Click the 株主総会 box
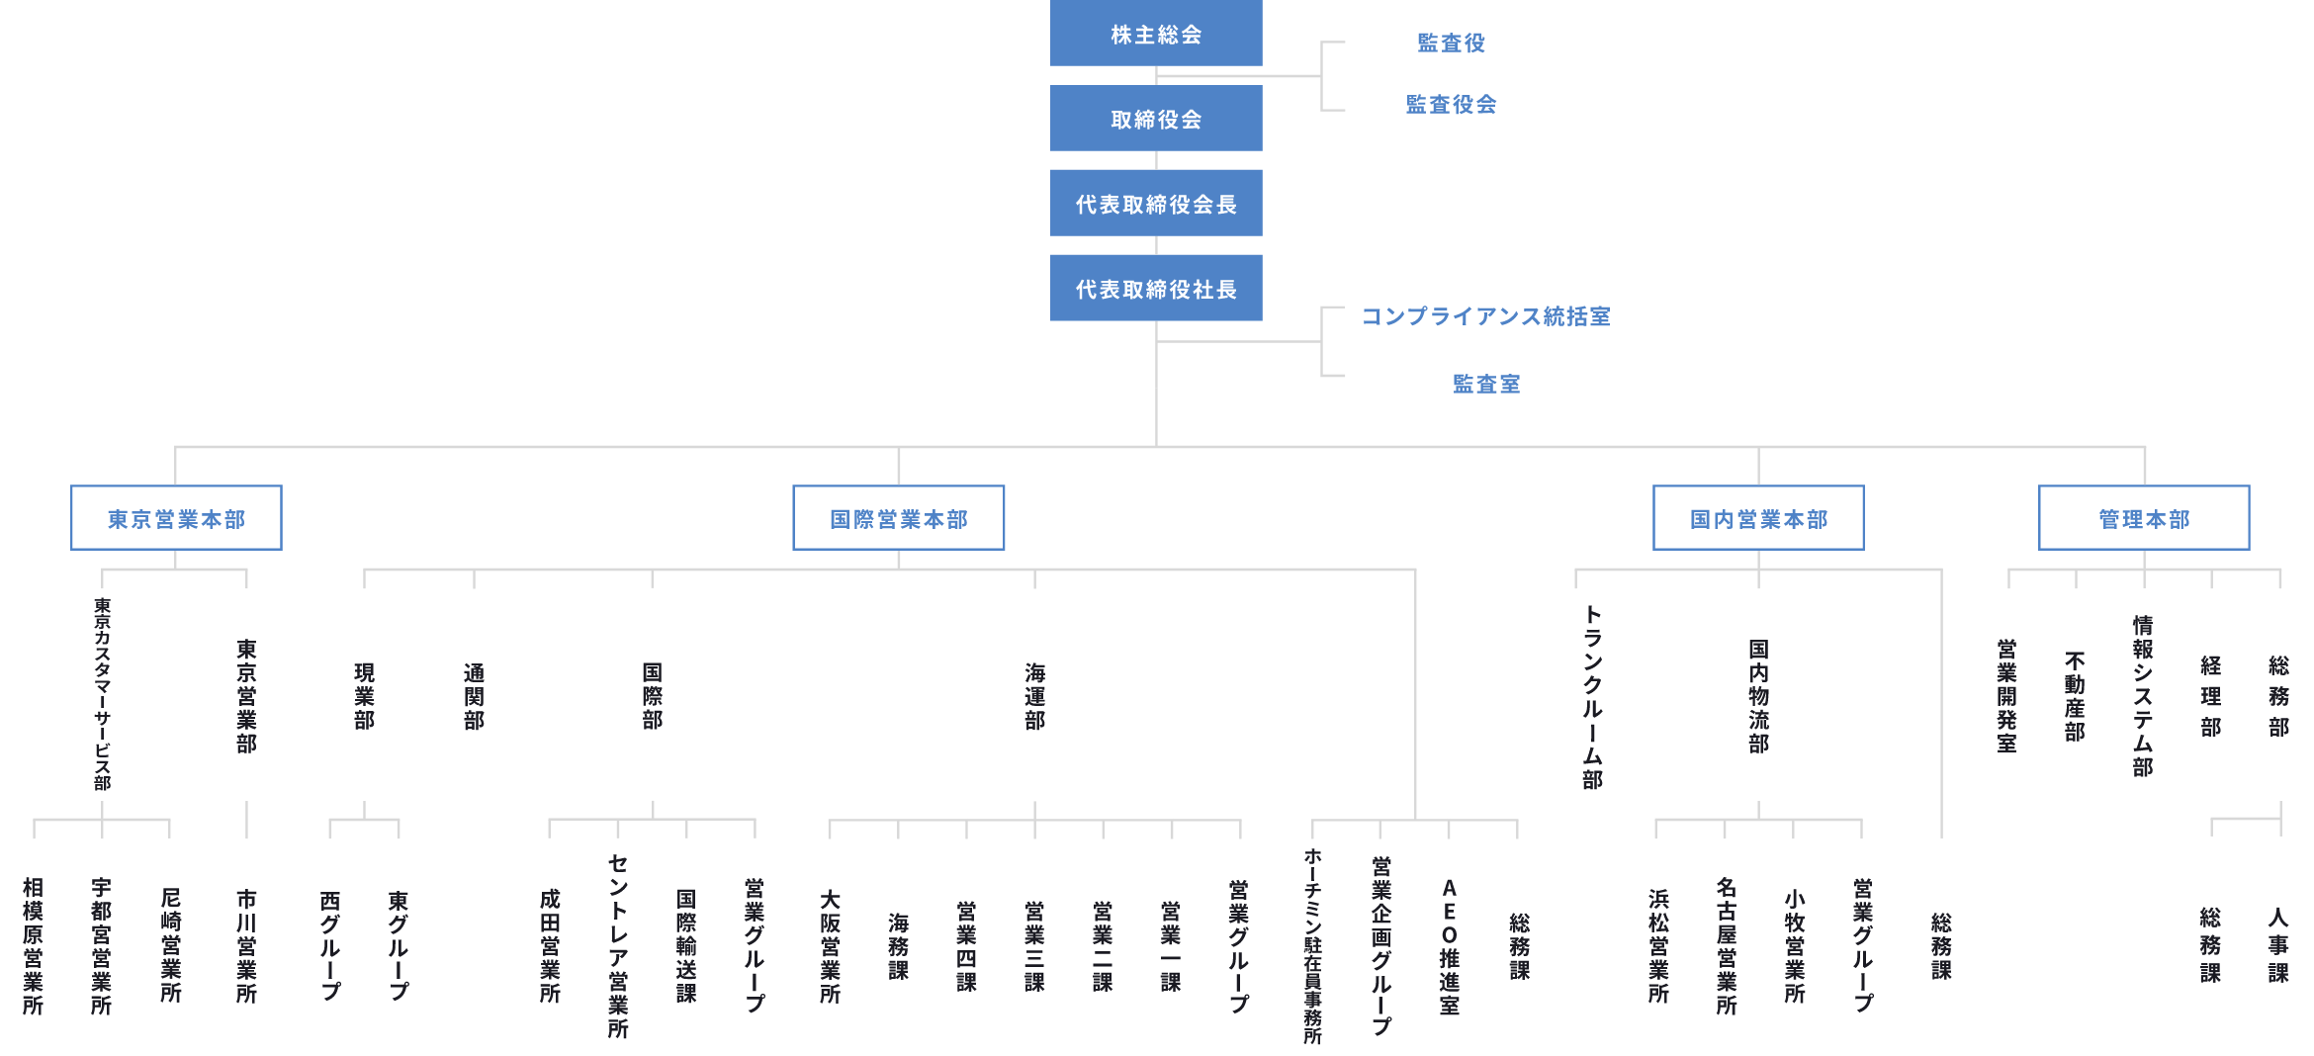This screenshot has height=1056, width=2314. point(1156,34)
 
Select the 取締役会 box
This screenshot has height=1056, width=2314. point(1156,119)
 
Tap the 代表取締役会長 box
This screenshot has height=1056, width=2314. point(1156,204)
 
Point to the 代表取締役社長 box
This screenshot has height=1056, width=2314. point(1156,289)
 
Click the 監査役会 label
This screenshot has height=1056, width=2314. point(1451,104)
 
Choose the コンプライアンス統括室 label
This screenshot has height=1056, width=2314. point(1486,316)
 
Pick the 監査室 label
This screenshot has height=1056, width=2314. point(1486,384)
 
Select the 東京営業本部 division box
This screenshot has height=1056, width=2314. point(176,518)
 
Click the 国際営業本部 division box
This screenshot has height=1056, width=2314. point(899,518)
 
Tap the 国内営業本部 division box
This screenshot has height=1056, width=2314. point(1758,518)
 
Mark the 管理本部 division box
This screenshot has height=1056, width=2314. point(2144,518)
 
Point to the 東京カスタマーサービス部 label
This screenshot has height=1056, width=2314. point(103,694)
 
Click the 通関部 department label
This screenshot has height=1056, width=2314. point(475,697)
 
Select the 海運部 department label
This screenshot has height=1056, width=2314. point(1035,697)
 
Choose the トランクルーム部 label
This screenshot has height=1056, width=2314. point(1592,698)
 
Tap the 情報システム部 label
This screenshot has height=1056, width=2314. point(2143,696)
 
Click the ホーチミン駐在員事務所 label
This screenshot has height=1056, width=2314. point(1312,946)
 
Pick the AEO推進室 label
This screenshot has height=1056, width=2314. point(1449,947)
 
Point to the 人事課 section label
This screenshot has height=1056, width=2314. point(2278,945)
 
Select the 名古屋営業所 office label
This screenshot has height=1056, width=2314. point(1727,946)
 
